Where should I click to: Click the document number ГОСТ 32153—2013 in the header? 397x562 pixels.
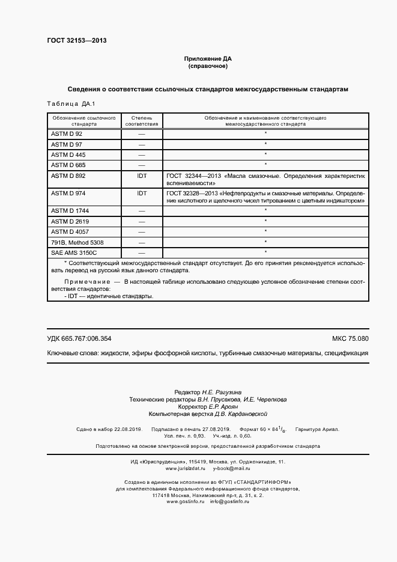(76, 41)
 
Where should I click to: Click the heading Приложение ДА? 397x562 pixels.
(207, 59)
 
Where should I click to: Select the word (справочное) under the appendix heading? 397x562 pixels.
(207, 66)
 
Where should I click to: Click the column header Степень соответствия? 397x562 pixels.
(142, 120)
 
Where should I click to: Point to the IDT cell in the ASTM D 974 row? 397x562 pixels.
(142, 193)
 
